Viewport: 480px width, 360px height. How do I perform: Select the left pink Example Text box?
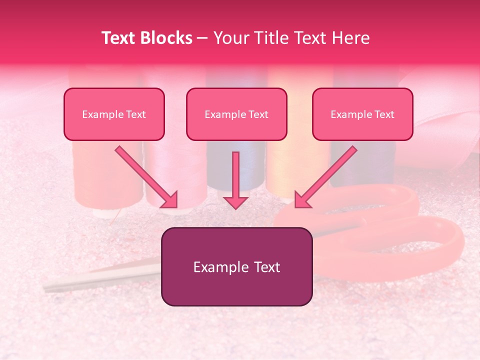(x=114, y=114)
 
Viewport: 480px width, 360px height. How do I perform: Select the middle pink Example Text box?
(x=236, y=114)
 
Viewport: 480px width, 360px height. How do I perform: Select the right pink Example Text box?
(x=362, y=114)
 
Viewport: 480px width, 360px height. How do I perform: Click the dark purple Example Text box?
(x=236, y=266)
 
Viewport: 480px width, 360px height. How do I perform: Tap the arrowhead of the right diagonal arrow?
(x=303, y=199)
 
